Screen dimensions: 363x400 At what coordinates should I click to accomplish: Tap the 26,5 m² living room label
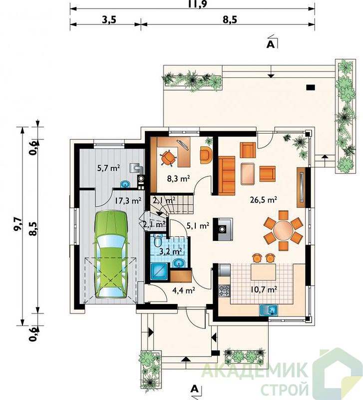(264, 199)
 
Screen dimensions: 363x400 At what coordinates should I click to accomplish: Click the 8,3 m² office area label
(178, 178)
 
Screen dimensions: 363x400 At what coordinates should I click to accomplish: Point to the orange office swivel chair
(168, 158)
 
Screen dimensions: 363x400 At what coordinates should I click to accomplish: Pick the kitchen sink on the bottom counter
(269, 310)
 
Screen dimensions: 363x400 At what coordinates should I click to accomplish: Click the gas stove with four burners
(224, 290)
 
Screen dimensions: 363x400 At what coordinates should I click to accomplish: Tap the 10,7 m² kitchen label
(264, 289)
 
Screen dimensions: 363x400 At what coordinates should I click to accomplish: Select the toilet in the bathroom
(158, 240)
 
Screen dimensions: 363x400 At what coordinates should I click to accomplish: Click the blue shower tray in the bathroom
(159, 271)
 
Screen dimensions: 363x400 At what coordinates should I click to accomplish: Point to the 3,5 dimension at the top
(109, 19)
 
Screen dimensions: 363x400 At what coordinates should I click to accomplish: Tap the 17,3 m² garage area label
(128, 200)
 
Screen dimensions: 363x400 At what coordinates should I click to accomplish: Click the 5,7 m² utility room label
(108, 168)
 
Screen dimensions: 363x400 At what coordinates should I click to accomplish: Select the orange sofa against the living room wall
(227, 175)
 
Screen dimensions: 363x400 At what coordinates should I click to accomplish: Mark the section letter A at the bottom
(194, 388)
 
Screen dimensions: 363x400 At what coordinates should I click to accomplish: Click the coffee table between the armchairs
(248, 173)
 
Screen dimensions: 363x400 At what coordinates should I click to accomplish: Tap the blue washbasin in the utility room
(125, 184)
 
